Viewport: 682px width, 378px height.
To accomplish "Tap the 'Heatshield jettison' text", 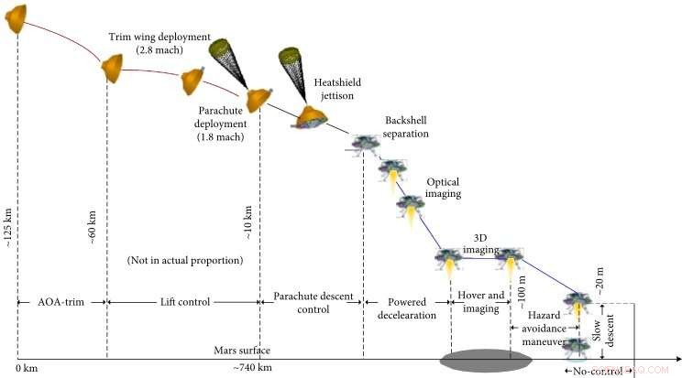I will pos(337,87).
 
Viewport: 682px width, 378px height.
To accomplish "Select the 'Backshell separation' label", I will pos(406,127).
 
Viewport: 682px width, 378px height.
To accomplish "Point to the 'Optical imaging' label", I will pos(443,188).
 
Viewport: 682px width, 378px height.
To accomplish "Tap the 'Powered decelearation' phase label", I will pos(408,308).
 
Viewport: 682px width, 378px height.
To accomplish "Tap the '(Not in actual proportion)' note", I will pos(185,261).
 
